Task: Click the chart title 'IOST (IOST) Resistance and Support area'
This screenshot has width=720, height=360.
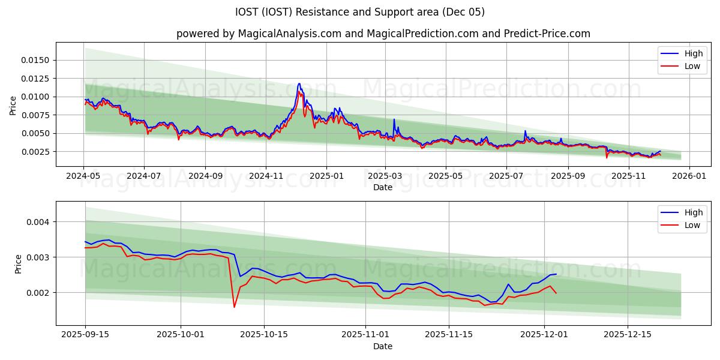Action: (360, 12)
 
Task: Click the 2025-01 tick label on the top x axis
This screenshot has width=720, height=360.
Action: (326, 176)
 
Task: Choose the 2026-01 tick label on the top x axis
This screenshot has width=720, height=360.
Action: (689, 176)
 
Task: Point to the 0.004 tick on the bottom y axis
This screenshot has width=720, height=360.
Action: (42, 222)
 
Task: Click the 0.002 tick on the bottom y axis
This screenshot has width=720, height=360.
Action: (42, 293)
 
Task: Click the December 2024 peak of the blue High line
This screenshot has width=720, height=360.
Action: (299, 84)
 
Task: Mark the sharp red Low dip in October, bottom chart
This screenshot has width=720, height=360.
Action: (234, 307)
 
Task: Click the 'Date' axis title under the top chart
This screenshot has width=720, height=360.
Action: (383, 187)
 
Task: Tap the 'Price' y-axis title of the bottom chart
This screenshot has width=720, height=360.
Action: (18, 263)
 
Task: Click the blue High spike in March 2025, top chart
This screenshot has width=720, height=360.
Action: (394, 119)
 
